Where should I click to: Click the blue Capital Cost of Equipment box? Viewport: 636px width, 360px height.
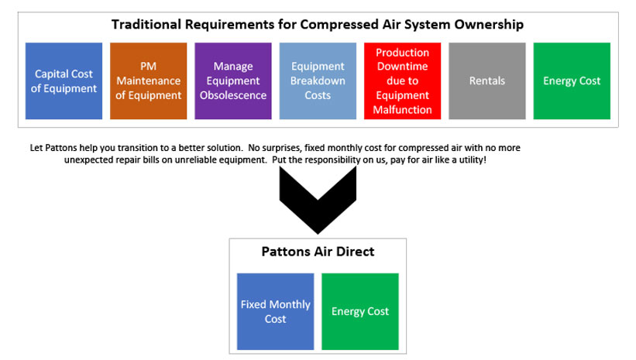tap(64, 81)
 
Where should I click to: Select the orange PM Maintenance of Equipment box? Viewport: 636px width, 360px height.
tap(149, 81)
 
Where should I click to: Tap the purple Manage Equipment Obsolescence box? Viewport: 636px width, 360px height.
tap(233, 81)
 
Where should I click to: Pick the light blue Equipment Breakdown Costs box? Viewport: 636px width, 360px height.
tap(318, 81)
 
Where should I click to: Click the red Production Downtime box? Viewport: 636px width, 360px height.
tap(402, 81)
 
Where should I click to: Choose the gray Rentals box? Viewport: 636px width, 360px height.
tap(487, 81)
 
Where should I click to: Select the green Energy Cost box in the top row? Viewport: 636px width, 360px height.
tap(572, 81)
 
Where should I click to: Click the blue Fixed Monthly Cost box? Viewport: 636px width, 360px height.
tap(276, 311)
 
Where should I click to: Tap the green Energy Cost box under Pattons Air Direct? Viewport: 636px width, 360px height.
tap(360, 311)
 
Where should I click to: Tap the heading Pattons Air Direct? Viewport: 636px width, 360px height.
tap(318, 252)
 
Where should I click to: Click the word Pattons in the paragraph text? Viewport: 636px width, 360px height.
tap(61, 148)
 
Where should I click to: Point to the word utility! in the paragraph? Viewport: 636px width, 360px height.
tap(473, 159)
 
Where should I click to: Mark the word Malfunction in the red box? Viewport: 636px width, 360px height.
tap(402, 110)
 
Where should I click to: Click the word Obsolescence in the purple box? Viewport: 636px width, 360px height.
tap(233, 95)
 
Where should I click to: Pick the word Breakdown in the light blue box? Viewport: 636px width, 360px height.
tap(318, 81)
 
